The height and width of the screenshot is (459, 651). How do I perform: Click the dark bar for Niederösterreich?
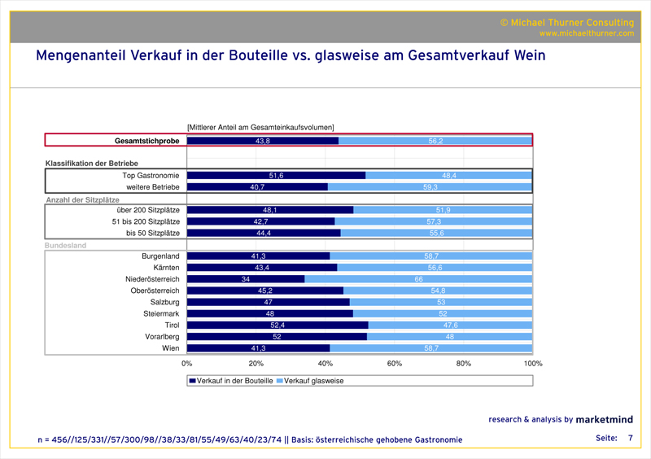pos(246,279)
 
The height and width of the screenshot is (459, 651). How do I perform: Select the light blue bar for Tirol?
pos(450,325)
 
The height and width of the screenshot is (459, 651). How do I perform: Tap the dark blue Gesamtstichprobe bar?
pos(262,141)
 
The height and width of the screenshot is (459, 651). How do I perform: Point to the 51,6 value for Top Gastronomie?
pos(276,176)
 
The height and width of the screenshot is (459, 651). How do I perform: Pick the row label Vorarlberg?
pos(160,336)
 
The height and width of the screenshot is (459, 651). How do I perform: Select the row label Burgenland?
pos(159,256)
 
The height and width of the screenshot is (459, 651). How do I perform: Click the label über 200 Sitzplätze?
pos(146,210)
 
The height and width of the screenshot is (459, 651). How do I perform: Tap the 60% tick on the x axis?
pos(395,364)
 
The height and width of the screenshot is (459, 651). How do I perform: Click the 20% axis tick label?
pos(256,364)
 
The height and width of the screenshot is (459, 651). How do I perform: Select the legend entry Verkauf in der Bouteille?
pos(232,380)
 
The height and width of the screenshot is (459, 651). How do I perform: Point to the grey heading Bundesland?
pos(66,245)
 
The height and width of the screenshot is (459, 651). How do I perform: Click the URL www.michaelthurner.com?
pos(586,33)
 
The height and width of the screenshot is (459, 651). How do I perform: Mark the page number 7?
pos(630,438)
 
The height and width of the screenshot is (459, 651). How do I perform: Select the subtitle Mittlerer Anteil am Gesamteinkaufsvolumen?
pos(261,126)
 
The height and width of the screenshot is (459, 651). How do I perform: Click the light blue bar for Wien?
pos(431,348)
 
